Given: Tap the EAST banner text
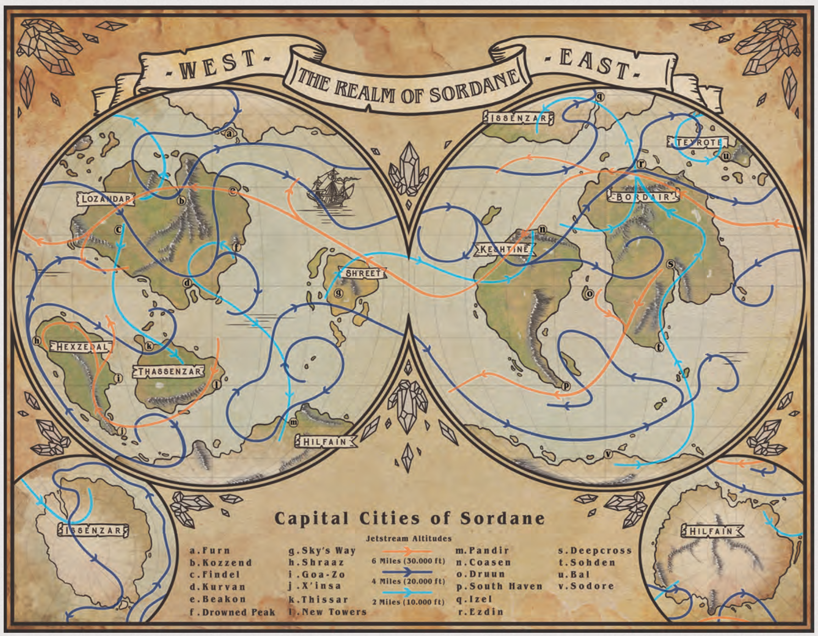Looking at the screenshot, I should [595, 64].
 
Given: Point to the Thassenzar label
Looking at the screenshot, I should [169, 371].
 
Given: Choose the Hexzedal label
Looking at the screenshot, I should [81, 347].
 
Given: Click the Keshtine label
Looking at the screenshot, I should [504, 250].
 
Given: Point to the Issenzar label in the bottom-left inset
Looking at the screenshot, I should [93, 530].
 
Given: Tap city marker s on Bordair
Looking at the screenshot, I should [670, 264].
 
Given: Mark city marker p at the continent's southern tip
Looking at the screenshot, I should [566, 386].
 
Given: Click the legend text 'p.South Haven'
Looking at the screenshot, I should [499, 586].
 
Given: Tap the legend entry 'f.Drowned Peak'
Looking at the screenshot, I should [232, 612].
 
